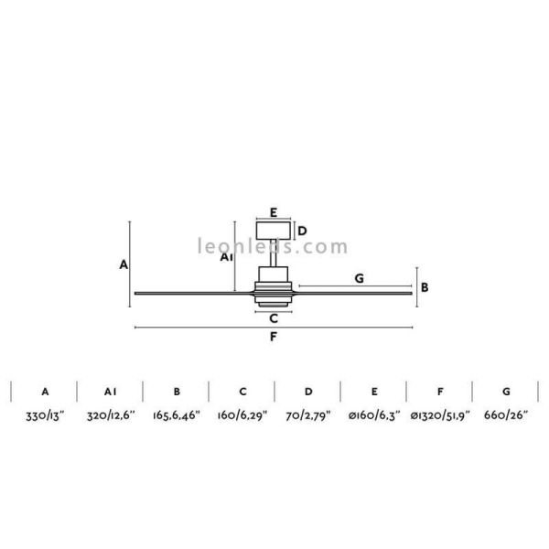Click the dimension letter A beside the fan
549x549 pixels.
tap(123, 264)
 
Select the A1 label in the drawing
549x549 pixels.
tap(228, 258)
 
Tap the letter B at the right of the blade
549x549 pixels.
tap(425, 286)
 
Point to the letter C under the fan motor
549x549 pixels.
tap(273, 318)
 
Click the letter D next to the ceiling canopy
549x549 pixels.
tap(302, 231)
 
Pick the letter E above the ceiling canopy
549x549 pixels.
tap(273, 211)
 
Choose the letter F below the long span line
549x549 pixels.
tap(273, 337)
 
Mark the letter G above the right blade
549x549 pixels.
tap(359, 277)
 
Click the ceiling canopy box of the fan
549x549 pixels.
tap(273, 231)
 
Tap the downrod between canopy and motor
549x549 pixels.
tap(273, 253)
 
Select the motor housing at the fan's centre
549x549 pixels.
tap(273, 285)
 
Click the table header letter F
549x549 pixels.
tap(439, 391)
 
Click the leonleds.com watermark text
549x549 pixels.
tap(273, 246)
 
